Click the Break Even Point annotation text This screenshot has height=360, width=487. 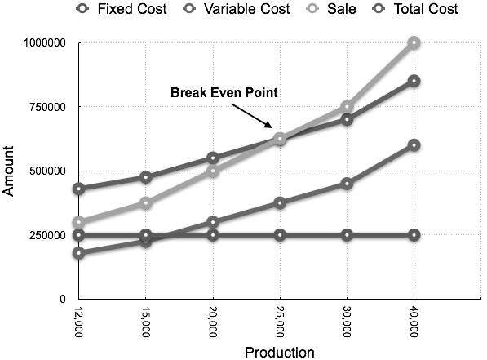click(224, 92)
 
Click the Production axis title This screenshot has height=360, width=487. click(279, 353)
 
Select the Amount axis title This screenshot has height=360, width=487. click(11, 171)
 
